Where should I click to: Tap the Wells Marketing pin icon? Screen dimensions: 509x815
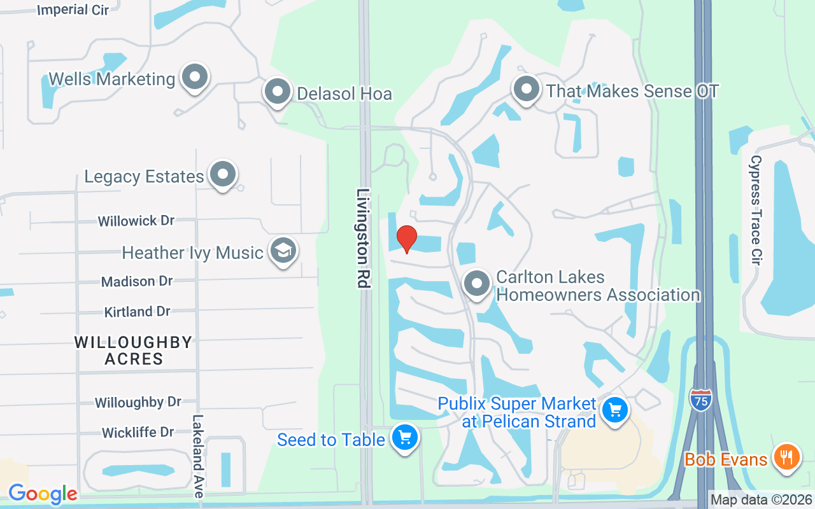[x=195, y=78]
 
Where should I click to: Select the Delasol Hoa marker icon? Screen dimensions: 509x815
[x=277, y=92]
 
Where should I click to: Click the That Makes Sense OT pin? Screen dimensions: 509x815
[x=526, y=90]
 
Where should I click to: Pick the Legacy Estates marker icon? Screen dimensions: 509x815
[x=223, y=174]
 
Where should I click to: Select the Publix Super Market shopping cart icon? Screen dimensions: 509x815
[x=615, y=409]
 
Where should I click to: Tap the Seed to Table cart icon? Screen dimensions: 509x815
[x=405, y=438]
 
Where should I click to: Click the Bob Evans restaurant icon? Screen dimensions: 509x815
[x=786, y=457]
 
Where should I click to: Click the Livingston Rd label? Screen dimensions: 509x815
[x=364, y=238]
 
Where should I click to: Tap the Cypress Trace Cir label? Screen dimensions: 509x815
[x=756, y=210]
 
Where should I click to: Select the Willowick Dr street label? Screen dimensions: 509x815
[x=136, y=221]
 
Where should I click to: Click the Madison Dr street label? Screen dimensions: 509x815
[x=137, y=281]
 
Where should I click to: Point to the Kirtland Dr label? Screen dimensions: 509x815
[x=137, y=311]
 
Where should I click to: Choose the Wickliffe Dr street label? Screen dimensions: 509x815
[x=138, y=433]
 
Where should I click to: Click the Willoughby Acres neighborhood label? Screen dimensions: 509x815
[x=133, y=350]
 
